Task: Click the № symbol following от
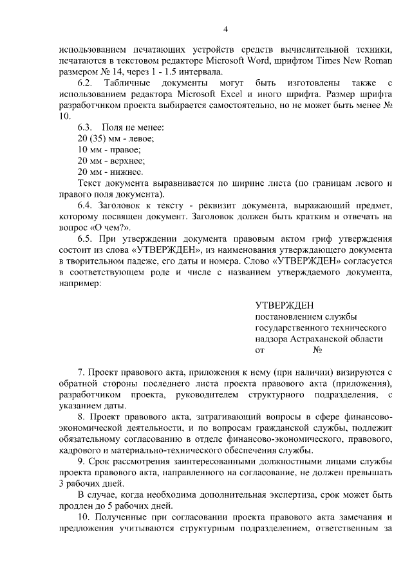tap(317, 350)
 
